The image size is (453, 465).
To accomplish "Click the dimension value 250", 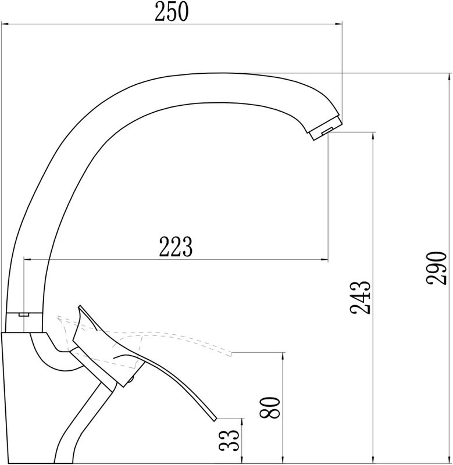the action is tap(172, 11).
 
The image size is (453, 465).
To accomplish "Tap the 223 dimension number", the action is tap(176, 246).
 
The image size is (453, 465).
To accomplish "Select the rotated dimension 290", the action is tap(436, 268).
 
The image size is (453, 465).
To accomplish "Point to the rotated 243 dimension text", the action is tap(360, 297).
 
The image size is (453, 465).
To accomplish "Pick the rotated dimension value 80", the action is tap(270, 407).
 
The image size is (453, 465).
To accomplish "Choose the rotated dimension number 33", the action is tap(229, 441).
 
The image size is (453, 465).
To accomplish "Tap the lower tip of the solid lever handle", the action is tap(215, 419).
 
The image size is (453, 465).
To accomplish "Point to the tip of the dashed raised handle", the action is tap(232, 353).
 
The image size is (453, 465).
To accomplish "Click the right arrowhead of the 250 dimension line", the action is tap(339, 24).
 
